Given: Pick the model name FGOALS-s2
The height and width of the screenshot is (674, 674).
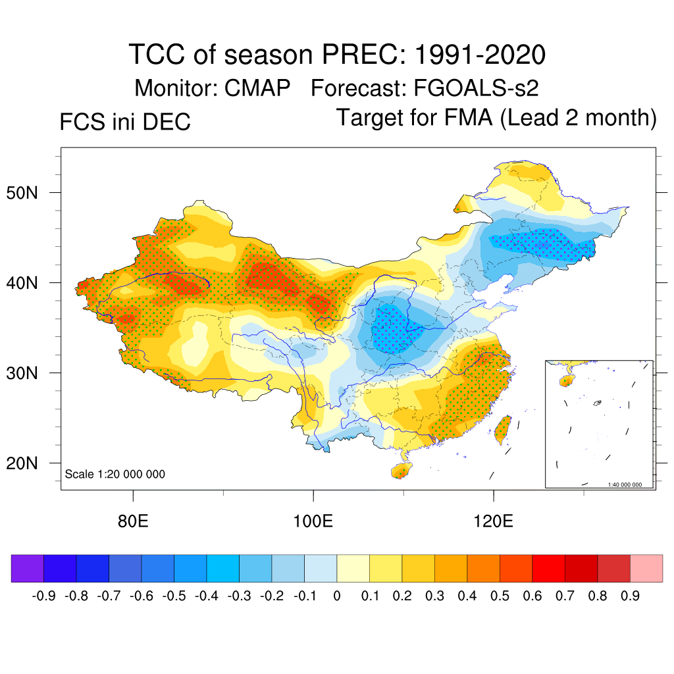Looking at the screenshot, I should tap(477, 88).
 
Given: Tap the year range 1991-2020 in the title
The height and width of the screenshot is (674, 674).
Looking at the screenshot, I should tap(479, 55).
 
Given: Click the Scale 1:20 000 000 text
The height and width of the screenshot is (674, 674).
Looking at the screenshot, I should tap(115, 474).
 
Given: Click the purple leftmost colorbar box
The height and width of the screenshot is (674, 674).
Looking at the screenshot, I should tap(28, 568).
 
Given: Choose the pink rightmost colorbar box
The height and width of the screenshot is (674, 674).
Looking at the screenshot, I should tap(646, 568).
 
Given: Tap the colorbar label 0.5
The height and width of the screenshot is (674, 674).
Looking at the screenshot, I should tap(500, 596).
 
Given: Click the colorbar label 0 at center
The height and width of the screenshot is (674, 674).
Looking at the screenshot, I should tap(337, 596).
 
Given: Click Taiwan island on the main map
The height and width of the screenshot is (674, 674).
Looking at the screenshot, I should tap(503, 427).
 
